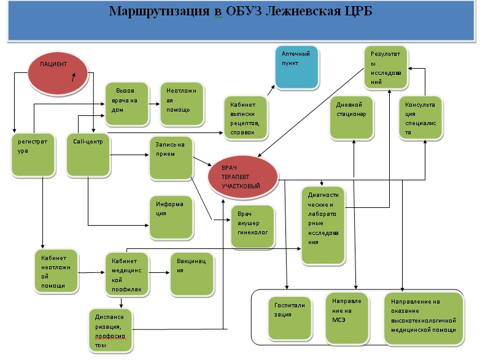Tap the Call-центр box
click(87, 155)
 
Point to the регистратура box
click(33, 156)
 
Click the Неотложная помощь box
click(180, 102)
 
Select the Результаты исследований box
click(386, 66)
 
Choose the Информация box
click(171, 217)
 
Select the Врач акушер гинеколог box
click(251, 226)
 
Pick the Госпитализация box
click(290, 317)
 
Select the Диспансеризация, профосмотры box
click(110, 331)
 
